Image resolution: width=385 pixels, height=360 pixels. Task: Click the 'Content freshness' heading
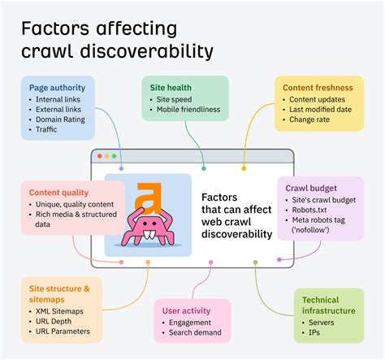point(318,88)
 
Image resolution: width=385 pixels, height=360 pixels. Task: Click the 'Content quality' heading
point(58,193)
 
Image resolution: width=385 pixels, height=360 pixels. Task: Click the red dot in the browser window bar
point(99,156)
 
